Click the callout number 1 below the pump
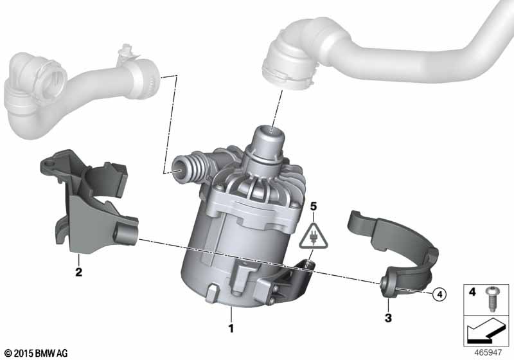point(231,328)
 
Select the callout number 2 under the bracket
point(78,272)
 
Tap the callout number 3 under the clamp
point(388,318)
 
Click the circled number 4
point(439,294)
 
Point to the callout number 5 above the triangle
point(314,206)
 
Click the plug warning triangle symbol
point(314,236)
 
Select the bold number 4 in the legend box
point(472,291)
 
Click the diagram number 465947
point(488,353)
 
